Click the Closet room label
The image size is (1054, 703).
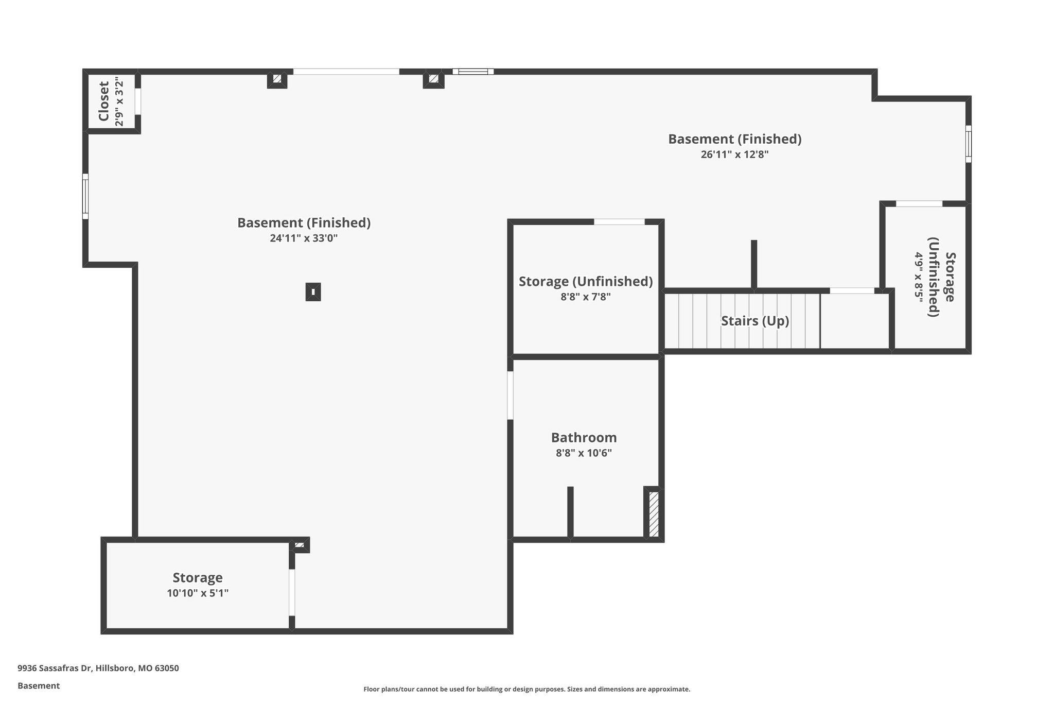pos(104,101)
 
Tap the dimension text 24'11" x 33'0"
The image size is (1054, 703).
pos(304,238)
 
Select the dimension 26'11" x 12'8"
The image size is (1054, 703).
pos(734,155)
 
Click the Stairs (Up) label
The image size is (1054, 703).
pos(754,321)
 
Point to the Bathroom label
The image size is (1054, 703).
pos(584,438)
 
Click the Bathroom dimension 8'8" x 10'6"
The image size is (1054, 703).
pos(584,453)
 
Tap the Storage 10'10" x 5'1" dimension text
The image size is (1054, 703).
pos(198,593)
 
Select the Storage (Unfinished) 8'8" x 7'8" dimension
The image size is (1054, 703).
pos(586,297)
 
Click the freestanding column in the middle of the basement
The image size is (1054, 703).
pos(313,292)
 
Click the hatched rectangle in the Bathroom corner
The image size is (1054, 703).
pos(654,515)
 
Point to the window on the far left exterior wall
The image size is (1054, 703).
pos(85,196)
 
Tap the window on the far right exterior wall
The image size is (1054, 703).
pos(968,144)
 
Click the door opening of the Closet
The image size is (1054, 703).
pos(138,101)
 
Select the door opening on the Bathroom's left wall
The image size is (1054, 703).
pos(510,396)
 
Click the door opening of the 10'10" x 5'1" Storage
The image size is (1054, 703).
pos(292,592)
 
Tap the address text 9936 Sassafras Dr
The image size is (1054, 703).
pos(98,668)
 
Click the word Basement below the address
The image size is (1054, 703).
pos(39,685)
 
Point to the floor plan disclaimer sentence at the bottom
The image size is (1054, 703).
pos(526,689)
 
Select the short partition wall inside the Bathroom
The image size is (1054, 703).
pos(570,512)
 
